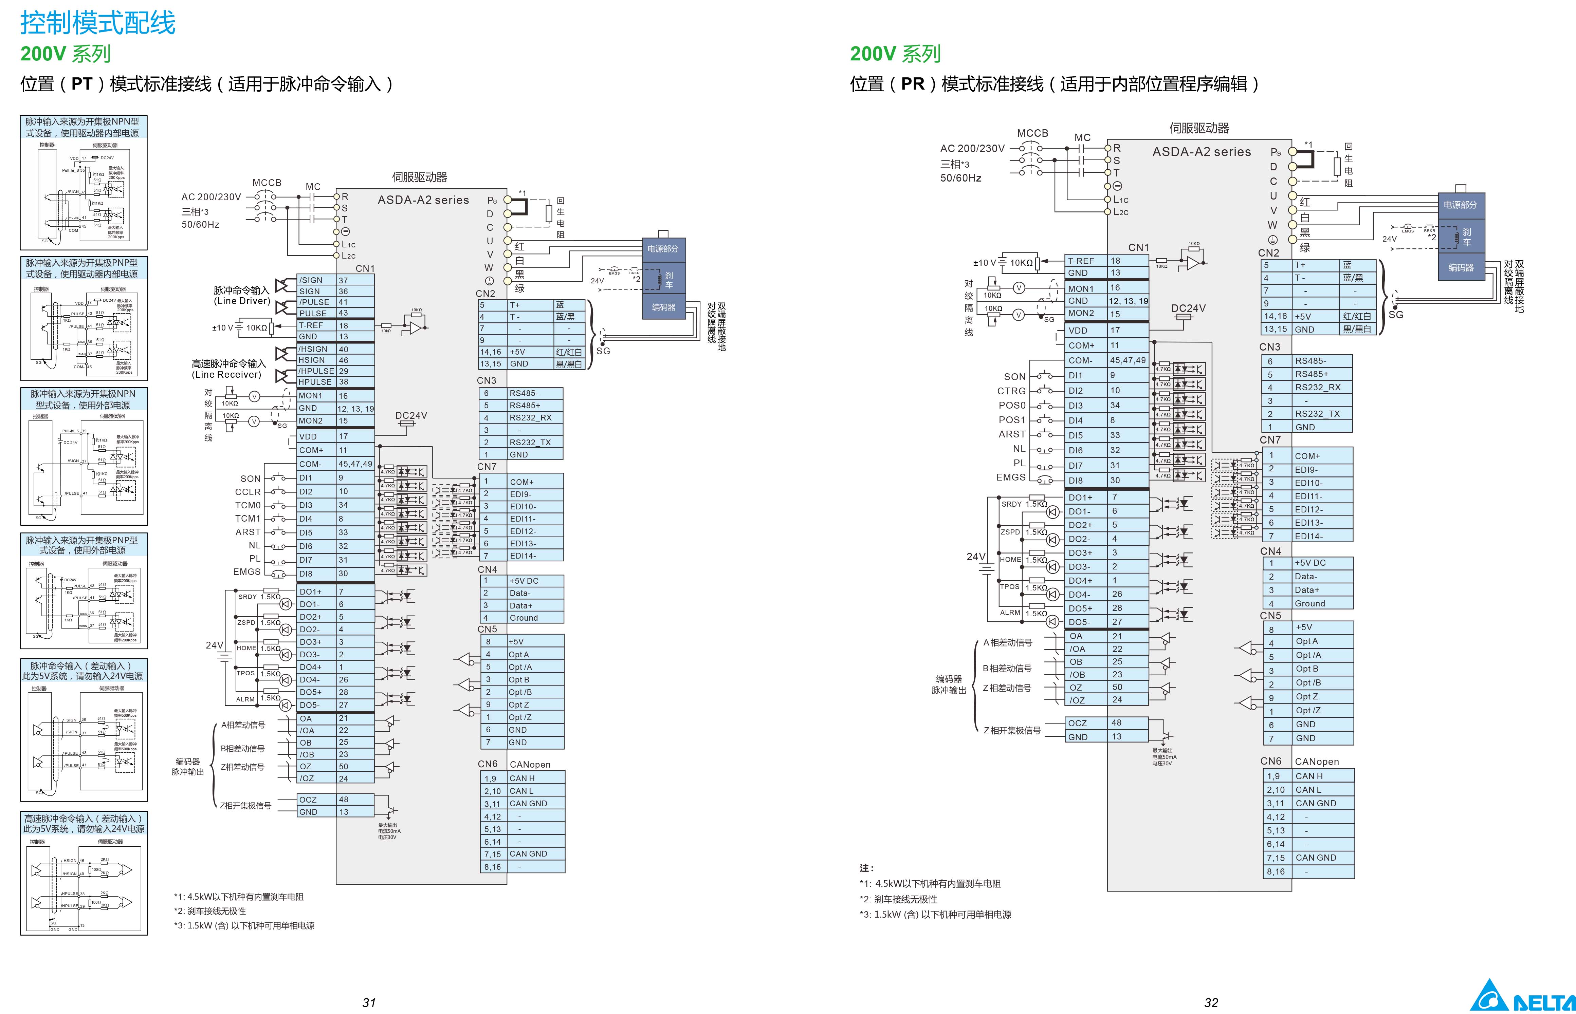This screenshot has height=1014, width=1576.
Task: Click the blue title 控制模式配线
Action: [97, 23]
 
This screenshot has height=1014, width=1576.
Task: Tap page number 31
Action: [369, 1002]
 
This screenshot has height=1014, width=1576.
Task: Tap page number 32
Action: [1210, 1002]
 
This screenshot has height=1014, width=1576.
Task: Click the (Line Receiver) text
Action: [226, 375]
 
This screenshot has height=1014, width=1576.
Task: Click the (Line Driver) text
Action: [242, 301]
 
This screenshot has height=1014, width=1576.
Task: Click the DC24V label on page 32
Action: [1188, 308]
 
